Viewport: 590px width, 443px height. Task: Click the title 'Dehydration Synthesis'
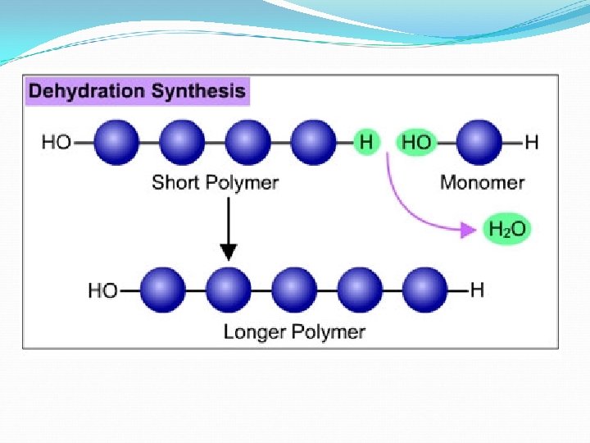coord(138,91)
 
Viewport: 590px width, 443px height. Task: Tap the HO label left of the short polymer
coord(57,143)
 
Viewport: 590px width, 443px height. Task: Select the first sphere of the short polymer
coord(117,142)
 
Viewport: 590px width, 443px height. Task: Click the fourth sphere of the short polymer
coord(314,142)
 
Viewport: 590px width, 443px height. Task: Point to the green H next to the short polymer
coord(366,142)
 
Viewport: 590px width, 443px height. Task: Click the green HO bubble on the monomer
coord(416,143)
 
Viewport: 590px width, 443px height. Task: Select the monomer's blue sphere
coord(479,142)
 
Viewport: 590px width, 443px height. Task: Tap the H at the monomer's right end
coord(532,143)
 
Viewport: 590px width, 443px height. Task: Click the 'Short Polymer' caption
coord(216,182)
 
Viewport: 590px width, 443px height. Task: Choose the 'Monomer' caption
coord(483,182)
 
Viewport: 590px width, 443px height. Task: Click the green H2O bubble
coord(508,230)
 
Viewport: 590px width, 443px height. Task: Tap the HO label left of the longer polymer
coord(102,290)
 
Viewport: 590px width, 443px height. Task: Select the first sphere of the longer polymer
coord(163,290)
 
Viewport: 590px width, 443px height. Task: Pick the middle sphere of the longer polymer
coord(294,290)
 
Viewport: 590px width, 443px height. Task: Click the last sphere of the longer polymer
coord(425,290)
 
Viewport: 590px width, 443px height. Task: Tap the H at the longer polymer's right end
coord(478,290)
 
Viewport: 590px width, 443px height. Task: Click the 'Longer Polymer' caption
coord(294,332)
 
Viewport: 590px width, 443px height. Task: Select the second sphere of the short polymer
coord(183,142)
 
